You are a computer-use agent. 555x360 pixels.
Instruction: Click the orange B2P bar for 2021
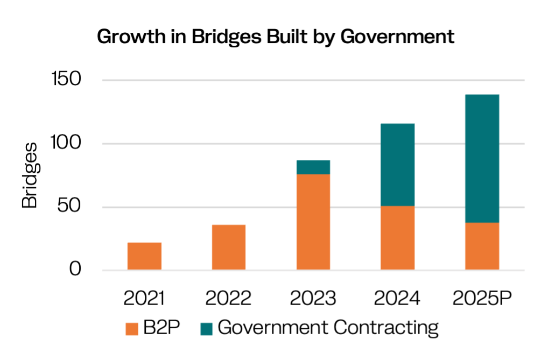point(144,256)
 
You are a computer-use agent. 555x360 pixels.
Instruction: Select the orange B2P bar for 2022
point(229,247)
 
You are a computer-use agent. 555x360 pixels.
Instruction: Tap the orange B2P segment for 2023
point(313,222)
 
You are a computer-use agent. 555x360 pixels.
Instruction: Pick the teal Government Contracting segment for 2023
point(313,167)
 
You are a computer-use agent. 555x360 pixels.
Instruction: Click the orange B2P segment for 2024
point(397,238)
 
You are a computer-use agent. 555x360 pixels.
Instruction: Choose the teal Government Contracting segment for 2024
point(397,165)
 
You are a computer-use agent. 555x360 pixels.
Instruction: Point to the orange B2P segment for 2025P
point(482,246)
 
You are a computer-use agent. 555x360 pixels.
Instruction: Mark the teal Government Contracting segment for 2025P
point(482,158)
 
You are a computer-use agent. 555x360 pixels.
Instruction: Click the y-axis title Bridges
point(30,175)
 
